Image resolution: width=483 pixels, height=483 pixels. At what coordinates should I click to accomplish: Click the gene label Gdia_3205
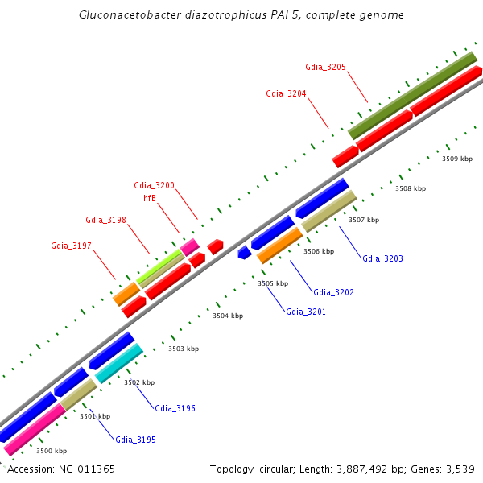(x=325, y=67)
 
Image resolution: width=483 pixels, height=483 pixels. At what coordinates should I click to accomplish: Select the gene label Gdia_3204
(x=286, y=93)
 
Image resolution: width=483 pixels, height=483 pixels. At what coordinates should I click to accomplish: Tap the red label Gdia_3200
(x=154, y=185)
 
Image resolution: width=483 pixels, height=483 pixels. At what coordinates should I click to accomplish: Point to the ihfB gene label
(x=148, y=198)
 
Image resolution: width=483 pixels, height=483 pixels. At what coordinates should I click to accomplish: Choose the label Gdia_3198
(x=105, y=220)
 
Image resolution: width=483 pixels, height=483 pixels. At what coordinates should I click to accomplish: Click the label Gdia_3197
(x=71, y=246)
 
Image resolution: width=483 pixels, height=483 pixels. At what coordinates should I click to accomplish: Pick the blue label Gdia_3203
(x=382, y=258)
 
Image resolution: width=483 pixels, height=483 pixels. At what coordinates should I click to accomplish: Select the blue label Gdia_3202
(x=333, y=292)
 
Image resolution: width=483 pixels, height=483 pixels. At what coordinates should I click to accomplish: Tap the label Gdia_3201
(x=306, y=312)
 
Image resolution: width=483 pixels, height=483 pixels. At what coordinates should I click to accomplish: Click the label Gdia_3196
(x=175, y=408)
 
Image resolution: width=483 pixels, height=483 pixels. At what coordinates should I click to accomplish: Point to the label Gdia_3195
(x=135, y=440)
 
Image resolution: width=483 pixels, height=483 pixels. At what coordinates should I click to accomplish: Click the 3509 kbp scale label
(x=456, y=159)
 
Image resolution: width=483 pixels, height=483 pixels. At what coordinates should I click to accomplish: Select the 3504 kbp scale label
(x=227, y=316)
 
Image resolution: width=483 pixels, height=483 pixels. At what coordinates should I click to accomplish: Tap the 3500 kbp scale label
(x=52, y=451)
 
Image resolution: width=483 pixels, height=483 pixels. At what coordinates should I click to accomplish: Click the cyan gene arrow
(x=120, y=363)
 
